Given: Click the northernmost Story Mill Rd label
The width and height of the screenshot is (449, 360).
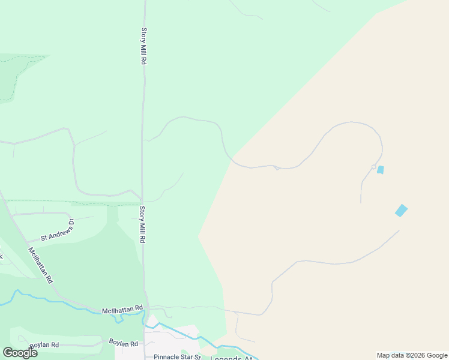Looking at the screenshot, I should click(144, 46).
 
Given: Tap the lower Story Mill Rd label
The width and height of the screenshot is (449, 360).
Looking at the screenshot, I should click(142, 224).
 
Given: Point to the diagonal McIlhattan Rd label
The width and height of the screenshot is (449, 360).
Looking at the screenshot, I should click(40, 265).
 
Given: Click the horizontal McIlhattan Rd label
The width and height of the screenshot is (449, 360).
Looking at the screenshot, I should click(122, 309).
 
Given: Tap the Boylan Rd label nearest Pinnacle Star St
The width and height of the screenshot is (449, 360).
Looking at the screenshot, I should click(124, 343).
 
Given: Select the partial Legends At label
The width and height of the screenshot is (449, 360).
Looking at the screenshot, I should click(231, 358).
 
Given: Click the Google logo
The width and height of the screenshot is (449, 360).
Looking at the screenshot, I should click(20, 352).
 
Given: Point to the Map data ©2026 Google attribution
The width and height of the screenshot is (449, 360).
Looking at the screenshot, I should click(411, 355).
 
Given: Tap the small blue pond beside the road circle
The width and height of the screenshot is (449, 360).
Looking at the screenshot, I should click(380, 170).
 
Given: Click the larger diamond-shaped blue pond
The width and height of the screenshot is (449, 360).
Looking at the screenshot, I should click(401, 211).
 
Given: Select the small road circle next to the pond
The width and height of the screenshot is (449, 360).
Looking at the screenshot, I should click(373, 167).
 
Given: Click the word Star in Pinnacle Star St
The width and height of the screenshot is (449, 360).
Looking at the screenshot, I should click(185, 356).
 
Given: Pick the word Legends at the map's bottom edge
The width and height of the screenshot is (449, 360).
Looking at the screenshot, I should click(224, 358).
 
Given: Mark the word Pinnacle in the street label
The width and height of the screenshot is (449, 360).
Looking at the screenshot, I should click(165, 356).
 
